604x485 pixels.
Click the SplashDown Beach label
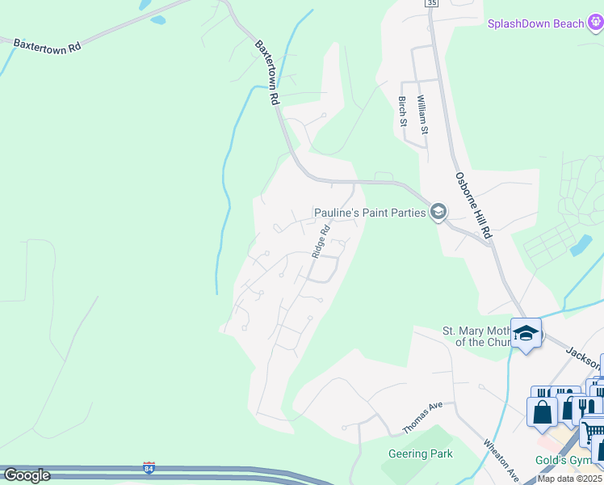(535, 23)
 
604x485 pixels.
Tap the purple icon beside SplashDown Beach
(596, 23)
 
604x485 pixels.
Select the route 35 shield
(431, 3)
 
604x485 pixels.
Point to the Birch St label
(402, 112)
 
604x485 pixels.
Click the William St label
(422, 113)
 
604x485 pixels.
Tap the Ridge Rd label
(321, 241)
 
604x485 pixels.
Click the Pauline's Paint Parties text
(369, 213)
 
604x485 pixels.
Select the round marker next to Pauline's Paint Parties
(438, 212)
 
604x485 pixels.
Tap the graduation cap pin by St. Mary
(526, 333)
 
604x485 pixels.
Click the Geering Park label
(420, 454)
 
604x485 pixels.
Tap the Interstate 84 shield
(149, 467)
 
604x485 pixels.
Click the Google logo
(26, 475)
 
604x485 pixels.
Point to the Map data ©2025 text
(570, 479)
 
